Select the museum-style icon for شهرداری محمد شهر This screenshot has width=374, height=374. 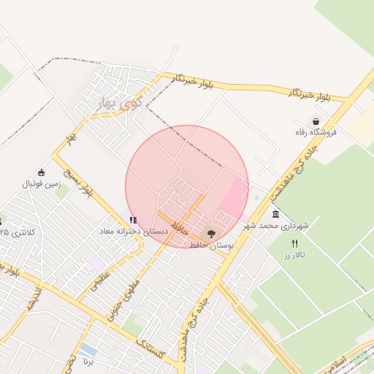275,214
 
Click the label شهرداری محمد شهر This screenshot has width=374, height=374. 276,226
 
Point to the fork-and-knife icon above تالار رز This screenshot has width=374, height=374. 295,243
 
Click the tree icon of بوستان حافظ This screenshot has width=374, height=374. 212,234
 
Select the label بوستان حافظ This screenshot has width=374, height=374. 211,246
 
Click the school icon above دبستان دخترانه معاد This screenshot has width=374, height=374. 132,219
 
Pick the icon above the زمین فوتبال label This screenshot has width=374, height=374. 41,173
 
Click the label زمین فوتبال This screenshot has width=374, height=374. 40,184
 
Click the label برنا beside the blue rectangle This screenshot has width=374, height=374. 88,362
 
